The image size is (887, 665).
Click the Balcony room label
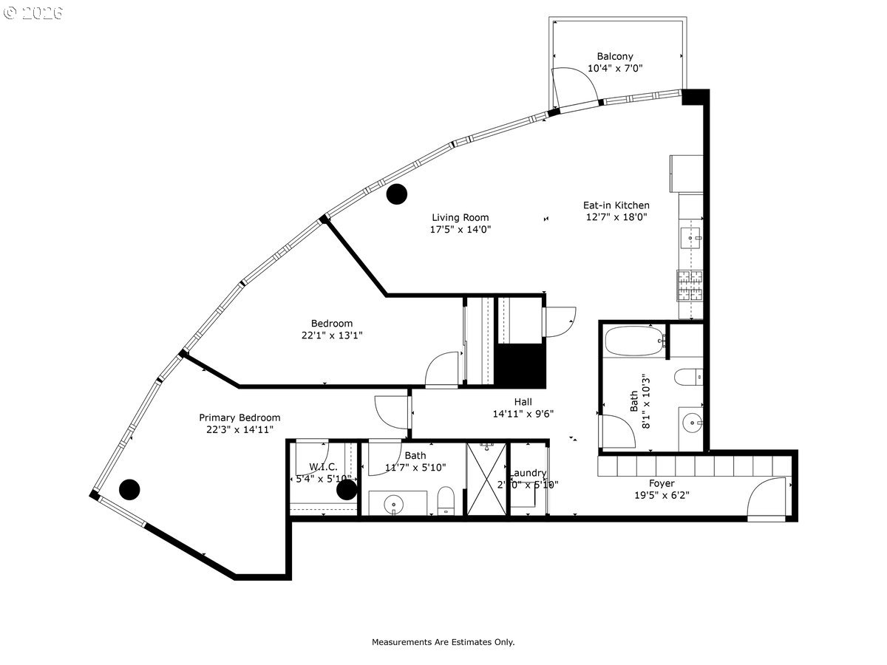click(615, 56)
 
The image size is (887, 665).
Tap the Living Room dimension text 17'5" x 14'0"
click(461, 230)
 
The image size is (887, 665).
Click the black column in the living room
click(397, 194)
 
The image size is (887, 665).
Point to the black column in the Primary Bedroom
click(129, 489)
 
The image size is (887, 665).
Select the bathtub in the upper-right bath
click(634, 341)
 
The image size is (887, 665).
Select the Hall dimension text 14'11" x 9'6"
click(523, 414)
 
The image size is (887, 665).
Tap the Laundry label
click(529, 473)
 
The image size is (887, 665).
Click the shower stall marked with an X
click(487, 480)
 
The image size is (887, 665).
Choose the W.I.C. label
click(324, 466)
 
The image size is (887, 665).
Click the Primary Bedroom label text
click(239, 417)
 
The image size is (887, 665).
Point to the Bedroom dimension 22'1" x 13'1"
click(331, 335)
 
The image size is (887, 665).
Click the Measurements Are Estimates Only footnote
click(443, 642)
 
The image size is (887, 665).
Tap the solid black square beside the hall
click(520, 365)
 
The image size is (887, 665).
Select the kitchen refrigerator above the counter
click(686, 173)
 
